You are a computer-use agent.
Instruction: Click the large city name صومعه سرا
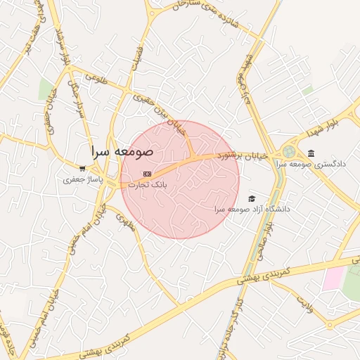[x=121, y=150]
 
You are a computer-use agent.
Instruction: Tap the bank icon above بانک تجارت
[x=146, y=174]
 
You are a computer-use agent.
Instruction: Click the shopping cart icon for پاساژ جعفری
[x=82, y=169]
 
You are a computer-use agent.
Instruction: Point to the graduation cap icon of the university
[x=252, y=199]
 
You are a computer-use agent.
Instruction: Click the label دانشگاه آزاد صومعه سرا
[x=252, y=210]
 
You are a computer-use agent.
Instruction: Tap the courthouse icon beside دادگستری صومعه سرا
[x=311, y=153]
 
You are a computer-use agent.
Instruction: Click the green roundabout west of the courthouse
[x=289, y=152]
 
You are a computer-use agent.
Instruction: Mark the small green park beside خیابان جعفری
[x=46, y=89]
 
